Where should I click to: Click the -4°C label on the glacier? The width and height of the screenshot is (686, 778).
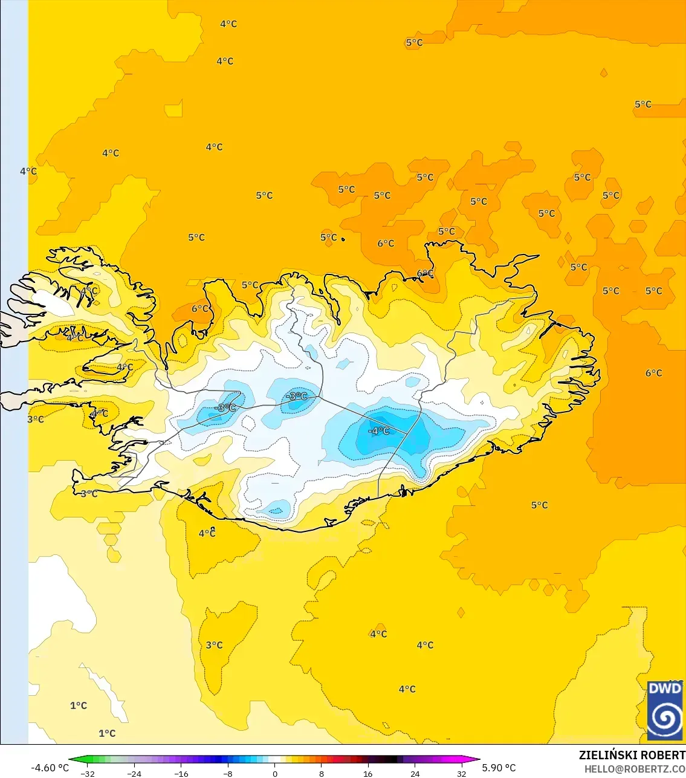click(379, 431)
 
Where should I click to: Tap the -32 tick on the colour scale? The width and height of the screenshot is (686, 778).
click(88, 773)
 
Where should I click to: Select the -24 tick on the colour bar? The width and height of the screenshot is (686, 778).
click(134, 773)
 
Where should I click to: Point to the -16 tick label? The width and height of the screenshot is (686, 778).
click(181, 773)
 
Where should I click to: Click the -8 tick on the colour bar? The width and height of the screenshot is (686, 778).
click(227, 773)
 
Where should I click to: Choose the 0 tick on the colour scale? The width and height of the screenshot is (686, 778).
click(275, 773)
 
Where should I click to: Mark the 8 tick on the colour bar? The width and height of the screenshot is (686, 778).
click(322, 773)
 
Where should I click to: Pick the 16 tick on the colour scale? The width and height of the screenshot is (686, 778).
click(367, 773)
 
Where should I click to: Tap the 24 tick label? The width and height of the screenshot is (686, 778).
click(415, 773)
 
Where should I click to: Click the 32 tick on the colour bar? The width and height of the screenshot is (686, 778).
click(462, 773)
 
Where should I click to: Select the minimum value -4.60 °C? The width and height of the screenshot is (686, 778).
click(50, 768)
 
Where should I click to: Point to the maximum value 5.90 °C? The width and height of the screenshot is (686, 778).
click(499, 768)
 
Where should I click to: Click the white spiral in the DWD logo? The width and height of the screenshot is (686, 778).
click(665, 718)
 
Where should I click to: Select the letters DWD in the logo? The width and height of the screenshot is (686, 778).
click(665, 689)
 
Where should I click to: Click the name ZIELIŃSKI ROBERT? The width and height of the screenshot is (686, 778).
click(632, 755)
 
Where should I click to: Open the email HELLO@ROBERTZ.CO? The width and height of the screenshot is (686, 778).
click(635, 769)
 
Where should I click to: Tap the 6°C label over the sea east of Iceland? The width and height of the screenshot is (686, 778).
click(653, 373)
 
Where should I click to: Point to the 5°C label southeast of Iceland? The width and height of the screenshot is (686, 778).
click(540, 505)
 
